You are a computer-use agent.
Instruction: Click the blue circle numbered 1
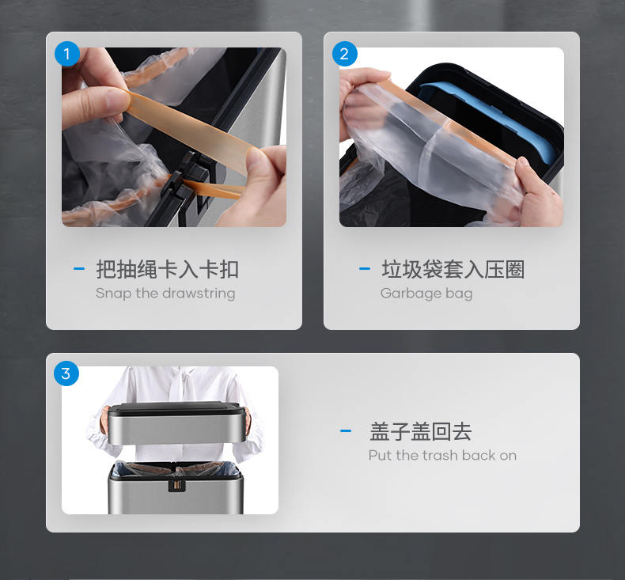[67, 54]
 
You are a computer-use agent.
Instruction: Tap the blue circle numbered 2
[345, 54]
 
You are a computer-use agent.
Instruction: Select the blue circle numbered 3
[66, 373]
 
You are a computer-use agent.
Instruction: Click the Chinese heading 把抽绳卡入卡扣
[167, 269]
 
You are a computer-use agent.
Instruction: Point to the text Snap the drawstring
[165, 294]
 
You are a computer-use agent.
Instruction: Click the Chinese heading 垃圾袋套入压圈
[453, 269]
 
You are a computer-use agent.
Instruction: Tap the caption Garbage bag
[426, 294]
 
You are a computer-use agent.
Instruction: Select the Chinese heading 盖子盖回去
[421, 431]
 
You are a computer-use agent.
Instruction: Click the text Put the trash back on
[442, 455]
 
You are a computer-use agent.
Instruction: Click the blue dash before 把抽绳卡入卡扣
[79, 269]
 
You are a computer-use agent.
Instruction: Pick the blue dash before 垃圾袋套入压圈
[365, 269]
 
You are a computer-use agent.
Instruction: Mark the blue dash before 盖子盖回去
[346, 430]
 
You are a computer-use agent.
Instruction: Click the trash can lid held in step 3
[176, 423]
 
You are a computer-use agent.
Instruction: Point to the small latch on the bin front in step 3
[177, 485]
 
